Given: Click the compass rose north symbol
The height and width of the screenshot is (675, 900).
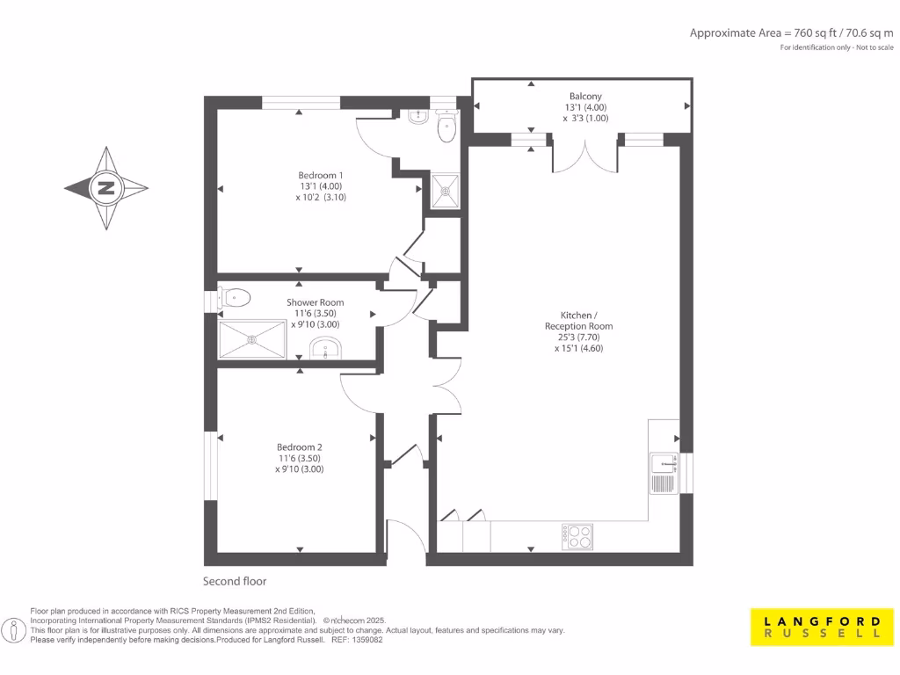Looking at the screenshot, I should pyautogui.click(x=106, y=188).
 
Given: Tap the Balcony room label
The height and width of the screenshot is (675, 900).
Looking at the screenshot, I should pyautogui.click(x=585, y=97).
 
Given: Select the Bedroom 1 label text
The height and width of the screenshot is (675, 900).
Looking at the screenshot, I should pyautogui.click(x=320, y=175).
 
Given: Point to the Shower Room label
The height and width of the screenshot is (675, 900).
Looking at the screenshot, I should pyautogui.click(x=315, y=302).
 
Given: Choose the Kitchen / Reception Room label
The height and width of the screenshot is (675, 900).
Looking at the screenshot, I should pyautogui.click(x=578, y=320).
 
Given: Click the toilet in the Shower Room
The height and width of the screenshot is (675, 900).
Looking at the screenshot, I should pyautogui.click(x=235, y=298).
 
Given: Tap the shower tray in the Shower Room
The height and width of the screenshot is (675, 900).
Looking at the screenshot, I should pyautogui.click(x=253, y=338).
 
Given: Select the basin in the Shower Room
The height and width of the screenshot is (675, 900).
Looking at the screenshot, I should pyautogui.click(x=327, y=350).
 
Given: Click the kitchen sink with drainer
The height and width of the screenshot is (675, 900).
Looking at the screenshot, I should pyautogui.click(x=664, y=473).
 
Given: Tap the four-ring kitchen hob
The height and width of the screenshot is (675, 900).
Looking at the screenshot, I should pyautogui.click(x=577, y=535).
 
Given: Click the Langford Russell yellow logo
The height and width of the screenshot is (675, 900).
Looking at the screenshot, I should pyautogui.click(x=817, y=627).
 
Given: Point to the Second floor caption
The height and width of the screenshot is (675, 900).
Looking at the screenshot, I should pyautogui.click(x=235, y=581).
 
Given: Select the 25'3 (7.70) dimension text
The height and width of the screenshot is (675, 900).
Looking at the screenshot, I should pyautogui.click(x=578, y=337).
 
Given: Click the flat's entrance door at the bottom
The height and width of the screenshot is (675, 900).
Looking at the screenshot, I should pyautogui.click(x=404, y=538).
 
